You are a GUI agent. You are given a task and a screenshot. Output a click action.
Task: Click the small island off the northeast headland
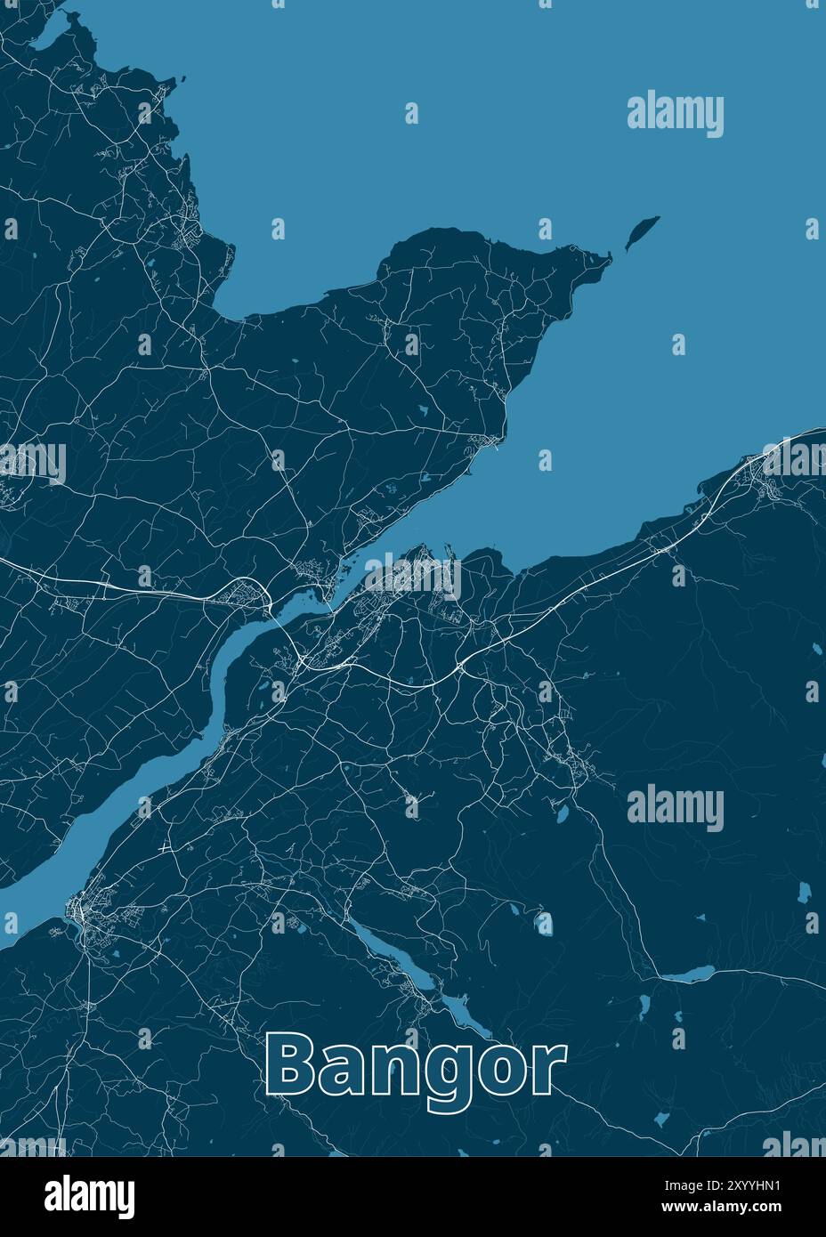(x=639, y=233)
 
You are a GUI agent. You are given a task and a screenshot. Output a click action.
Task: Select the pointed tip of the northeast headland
(x=609, y=257)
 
